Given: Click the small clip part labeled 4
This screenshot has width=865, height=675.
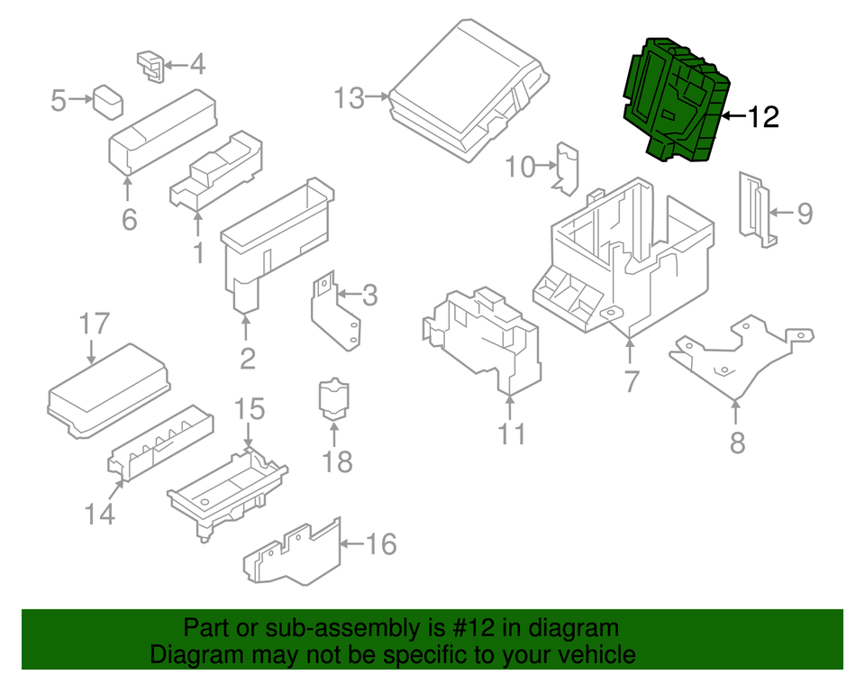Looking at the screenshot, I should pos(150,65).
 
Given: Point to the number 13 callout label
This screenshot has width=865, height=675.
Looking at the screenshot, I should pos(350,96).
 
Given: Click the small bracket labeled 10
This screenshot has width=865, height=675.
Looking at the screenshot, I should pos(567,168).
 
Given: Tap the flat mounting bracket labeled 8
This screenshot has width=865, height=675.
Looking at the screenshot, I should pos(739,356).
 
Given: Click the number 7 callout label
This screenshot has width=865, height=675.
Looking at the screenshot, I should pos(631,381).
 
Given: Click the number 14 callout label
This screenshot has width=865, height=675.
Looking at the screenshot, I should pos(101,514).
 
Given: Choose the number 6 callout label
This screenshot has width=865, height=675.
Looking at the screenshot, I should pos(129,219).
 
